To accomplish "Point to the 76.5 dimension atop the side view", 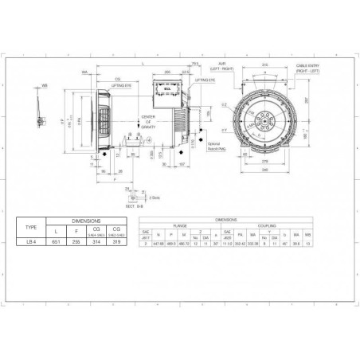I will tap(195, 65).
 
